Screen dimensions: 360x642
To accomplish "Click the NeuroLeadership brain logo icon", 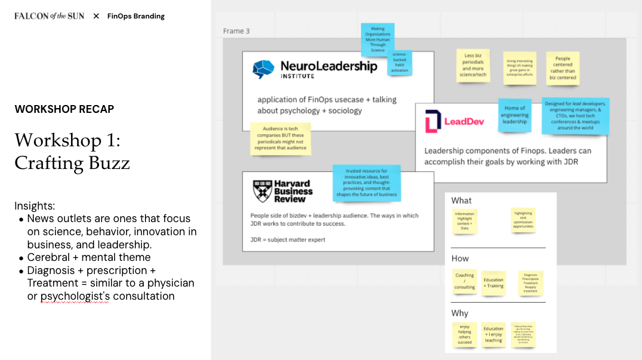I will (x=263, y=69).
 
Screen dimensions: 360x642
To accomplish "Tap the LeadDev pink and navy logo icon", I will (x=433, y=121).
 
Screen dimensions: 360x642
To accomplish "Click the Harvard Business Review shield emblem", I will (x=261, y=190).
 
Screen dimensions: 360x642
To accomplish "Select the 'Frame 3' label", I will (x=236, y=31).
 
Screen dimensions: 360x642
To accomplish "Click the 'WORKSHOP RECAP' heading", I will (x=64, y=109).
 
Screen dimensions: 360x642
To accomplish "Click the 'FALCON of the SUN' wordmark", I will (x=50, y=16).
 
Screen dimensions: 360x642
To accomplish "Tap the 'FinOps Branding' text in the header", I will (x=136, y=16).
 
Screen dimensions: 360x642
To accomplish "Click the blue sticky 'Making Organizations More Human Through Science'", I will (x=378, y=39).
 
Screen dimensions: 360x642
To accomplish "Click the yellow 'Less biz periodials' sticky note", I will (x=474, y=66).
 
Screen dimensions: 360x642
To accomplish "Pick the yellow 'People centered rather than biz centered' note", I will (x=563, y=68).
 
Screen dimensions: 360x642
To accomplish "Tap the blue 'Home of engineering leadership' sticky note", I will (x=515, y=115).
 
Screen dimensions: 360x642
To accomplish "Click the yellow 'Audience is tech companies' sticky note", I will (x=280, y=139).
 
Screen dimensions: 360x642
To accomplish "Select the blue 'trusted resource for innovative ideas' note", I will (x=366, y=183).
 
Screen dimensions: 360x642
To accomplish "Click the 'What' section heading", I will (x=461, y=201).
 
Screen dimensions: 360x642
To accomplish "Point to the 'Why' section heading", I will (x=460, y=313).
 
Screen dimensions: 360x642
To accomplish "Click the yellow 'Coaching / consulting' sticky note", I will (x=465, y=281).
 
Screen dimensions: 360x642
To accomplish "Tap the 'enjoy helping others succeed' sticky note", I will (x=465, y=334).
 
